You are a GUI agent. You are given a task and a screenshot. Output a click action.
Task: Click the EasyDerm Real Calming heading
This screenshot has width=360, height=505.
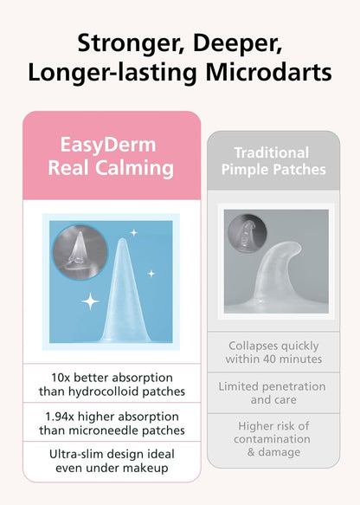pos(112,155)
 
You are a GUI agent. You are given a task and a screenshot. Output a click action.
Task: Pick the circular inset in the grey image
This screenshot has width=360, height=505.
pos(246,235)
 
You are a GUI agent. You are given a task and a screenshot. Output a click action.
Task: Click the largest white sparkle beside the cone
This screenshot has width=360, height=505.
pos(90,302)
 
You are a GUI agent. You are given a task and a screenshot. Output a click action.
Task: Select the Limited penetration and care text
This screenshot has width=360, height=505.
pos(272,393)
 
